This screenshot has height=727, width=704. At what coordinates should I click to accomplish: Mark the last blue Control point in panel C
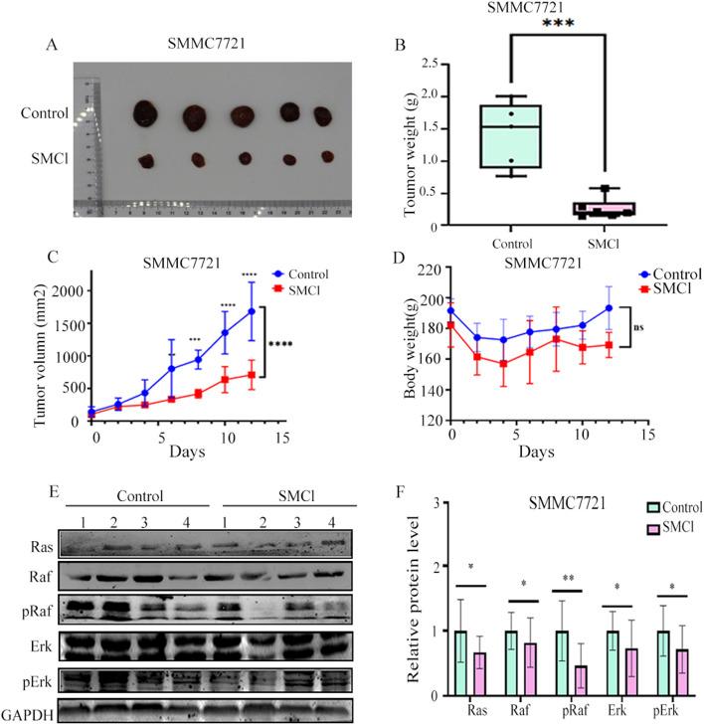pyautogui.click(x=252, y=311)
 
